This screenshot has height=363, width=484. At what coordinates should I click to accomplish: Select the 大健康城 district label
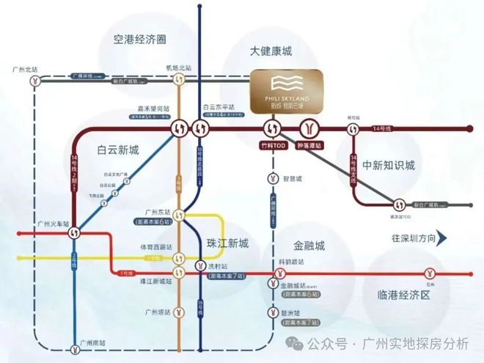271,51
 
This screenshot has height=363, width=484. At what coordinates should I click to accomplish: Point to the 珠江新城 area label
227,243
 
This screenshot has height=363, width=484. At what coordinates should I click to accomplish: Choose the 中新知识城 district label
393,164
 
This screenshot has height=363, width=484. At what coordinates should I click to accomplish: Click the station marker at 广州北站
34,82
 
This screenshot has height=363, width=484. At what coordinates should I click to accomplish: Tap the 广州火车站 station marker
74,232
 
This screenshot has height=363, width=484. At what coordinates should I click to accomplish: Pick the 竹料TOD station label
270,146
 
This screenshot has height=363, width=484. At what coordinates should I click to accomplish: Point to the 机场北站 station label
178,67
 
